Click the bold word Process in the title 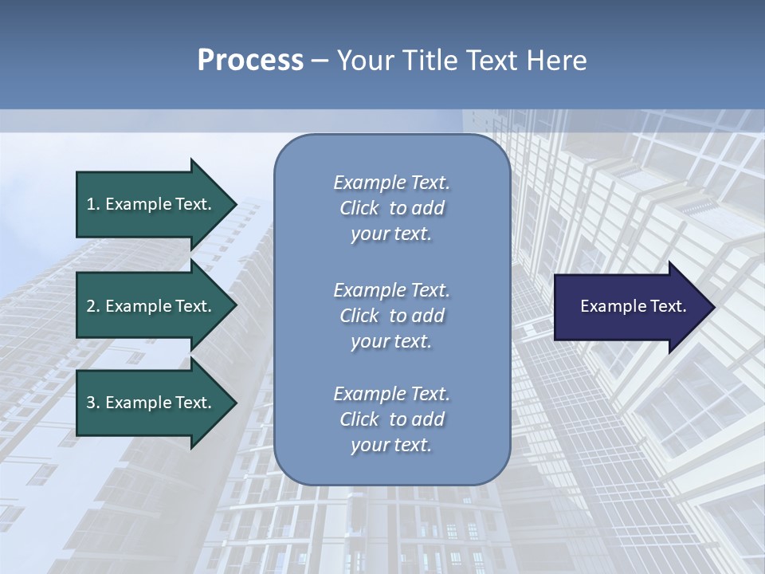[x=250, y=60]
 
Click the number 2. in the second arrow [x=93, y=306]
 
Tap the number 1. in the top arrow [x=93, y=204]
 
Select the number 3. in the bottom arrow [x=93, y=403]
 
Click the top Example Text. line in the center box [x=391, y=183]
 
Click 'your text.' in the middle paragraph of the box [x=391, y=341]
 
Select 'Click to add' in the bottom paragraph [x=391, y=419]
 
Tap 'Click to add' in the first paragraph [x=391, y=208]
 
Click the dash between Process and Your [x=320, y=61]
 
